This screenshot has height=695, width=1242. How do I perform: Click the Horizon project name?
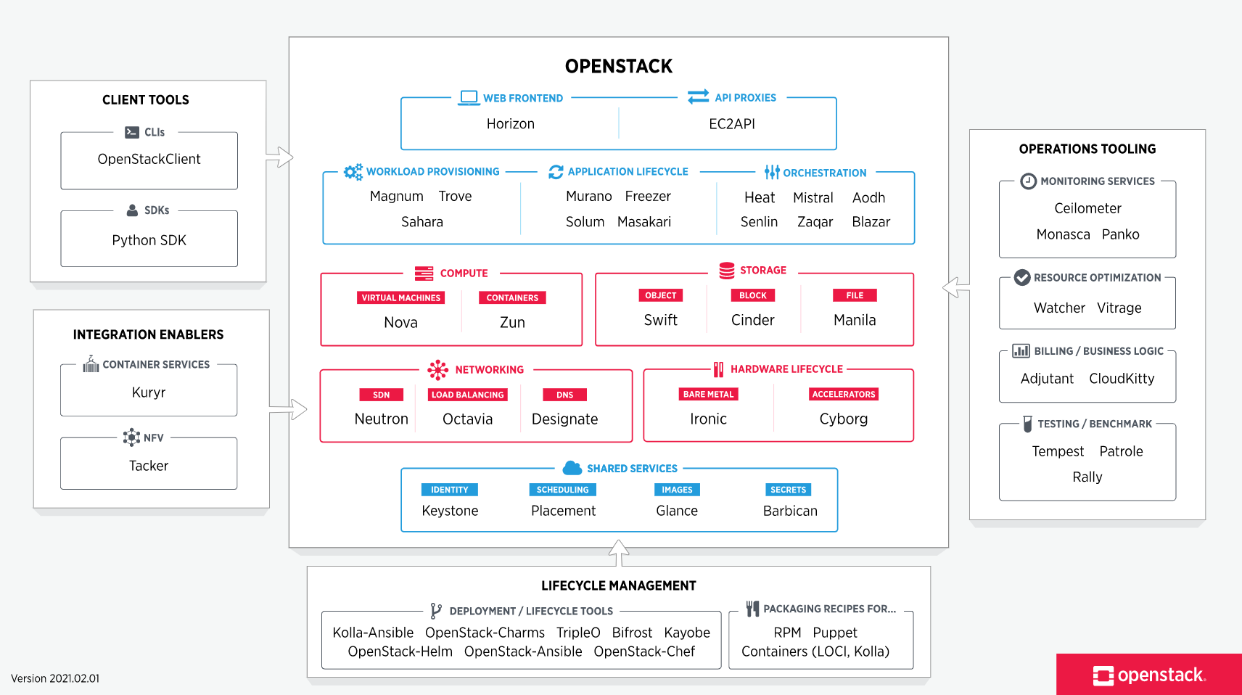pyautogui.click(x=510, y=124)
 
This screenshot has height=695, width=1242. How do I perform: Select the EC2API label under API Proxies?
pyautogui.click(x=731, y=124)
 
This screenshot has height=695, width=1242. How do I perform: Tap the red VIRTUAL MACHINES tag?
pyautogui.click(x=400, y=297)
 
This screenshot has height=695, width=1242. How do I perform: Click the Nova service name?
pyautogui.click(x=400, y=322)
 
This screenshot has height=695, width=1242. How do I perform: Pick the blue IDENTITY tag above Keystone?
pyautogui.click(x=449, y=490)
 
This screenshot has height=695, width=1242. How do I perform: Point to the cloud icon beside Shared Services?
pyautogui.click(x=572, y=468)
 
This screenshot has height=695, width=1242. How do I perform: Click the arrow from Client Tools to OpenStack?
pyautogui.click(x=280, y=157)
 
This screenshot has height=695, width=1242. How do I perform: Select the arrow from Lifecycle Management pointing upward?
pyautogui.click(x=618, y=553)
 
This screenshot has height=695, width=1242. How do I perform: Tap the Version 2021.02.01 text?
pyautogui.click(x=55, y=678)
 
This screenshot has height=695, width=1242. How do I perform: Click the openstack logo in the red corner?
pyautogui.click(x=1148, y=675)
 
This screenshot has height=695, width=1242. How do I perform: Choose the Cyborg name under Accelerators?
pyautogui.click(x=843, y=419)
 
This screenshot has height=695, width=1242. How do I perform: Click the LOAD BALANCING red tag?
pyautogui.click(x=467, y=395)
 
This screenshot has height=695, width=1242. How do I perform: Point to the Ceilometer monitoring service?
pyautogui.click(x=1087, y=208)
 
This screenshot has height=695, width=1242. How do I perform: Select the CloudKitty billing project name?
pyautogui.click(x=1121, y=379)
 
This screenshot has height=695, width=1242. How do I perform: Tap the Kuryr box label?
pyautogui.click(x=149, y=392)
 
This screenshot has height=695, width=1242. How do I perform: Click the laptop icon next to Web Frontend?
pyautogui.click(x=469, y=98)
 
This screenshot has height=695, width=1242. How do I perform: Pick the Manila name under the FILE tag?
pyautogui.click(x=854, y=320)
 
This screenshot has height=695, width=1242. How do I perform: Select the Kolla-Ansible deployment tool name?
pyautogui.click(x=373, y=633)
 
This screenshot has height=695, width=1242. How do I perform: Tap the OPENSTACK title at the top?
pyautogui.click(x=618, y=66)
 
